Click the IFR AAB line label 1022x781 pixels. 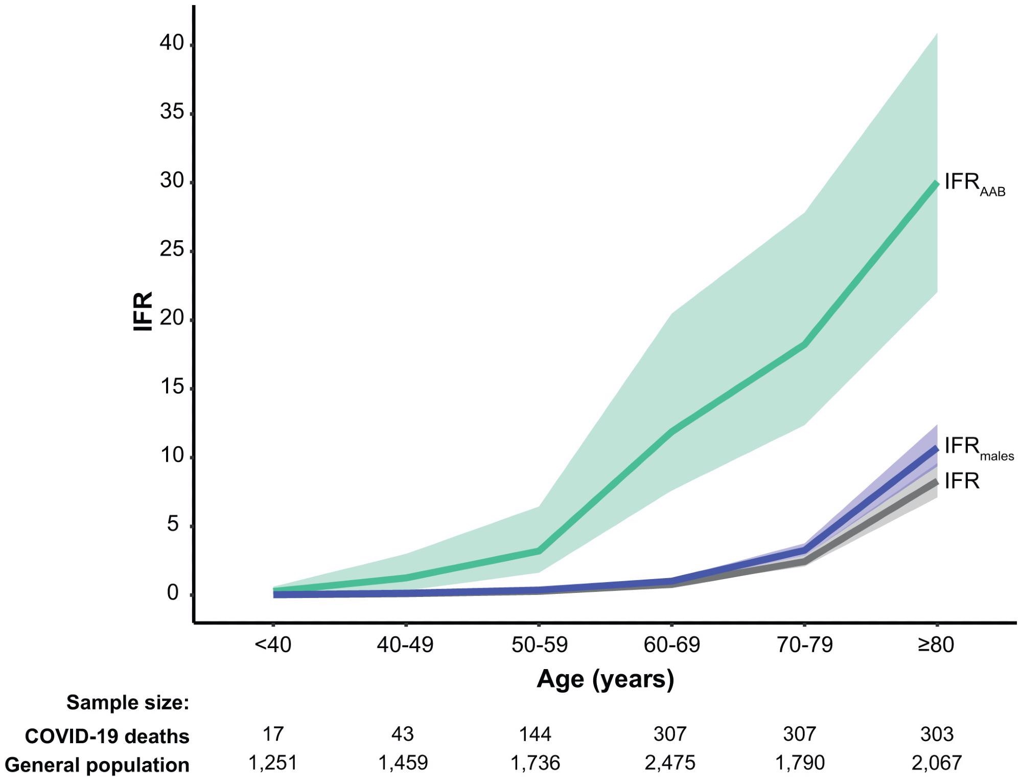coord(973,184)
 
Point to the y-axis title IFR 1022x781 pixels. coord(143,311)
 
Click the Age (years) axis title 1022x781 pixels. coord(605,679)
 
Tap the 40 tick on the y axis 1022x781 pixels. coord(171,43)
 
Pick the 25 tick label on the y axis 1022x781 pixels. coord(171,250)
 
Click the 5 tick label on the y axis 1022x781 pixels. coord(173,524)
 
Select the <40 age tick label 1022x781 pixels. coord(273,645)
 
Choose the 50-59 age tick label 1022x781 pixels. coord(539,645)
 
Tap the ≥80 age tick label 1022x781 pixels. coord(936,645)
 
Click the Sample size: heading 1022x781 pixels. coord(128,703)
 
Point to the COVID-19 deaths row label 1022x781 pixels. coord(107,737)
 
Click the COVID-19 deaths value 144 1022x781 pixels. coord(535,734)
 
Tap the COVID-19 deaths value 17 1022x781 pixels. coord(273,734)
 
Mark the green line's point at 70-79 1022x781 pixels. coord(805,346)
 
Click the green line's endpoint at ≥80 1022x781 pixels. coord(936,183)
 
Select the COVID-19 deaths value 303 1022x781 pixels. coord(937,734)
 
